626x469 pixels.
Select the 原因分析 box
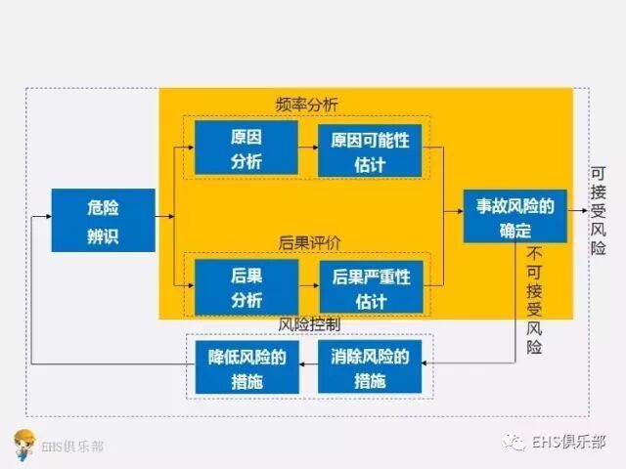tap(246, 148)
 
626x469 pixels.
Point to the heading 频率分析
tap(305, 103)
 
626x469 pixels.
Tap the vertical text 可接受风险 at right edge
tap(599, 210)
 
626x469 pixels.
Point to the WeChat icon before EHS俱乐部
tap(515, 443)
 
